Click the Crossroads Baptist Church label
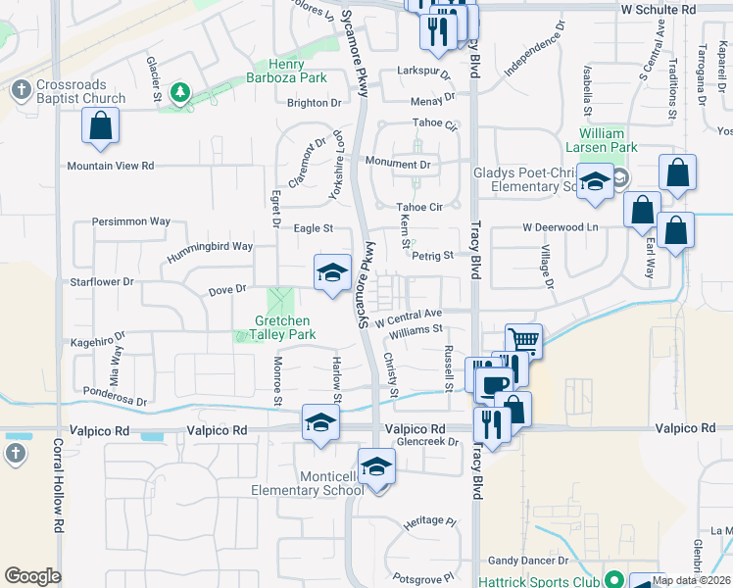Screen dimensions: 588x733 [80, 92]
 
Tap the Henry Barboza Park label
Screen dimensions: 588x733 [285, 71]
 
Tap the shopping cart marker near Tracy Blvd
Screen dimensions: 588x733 [524, 342]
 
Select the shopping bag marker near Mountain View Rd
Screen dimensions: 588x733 [100, 126]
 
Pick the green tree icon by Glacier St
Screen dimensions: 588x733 [179, 92]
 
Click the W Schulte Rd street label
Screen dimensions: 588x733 [658, 8]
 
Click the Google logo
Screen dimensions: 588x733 [32, 576]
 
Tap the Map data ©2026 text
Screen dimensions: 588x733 [692, 580]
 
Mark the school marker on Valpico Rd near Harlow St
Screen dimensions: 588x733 [320, 423]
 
